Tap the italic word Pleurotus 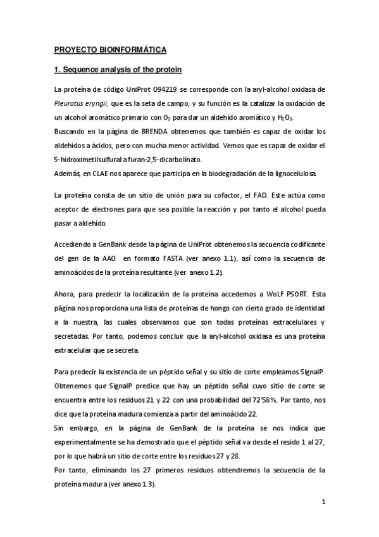click(x=71, y=104)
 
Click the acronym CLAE click(x=96, y=174)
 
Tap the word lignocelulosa click(x=299, y=174)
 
